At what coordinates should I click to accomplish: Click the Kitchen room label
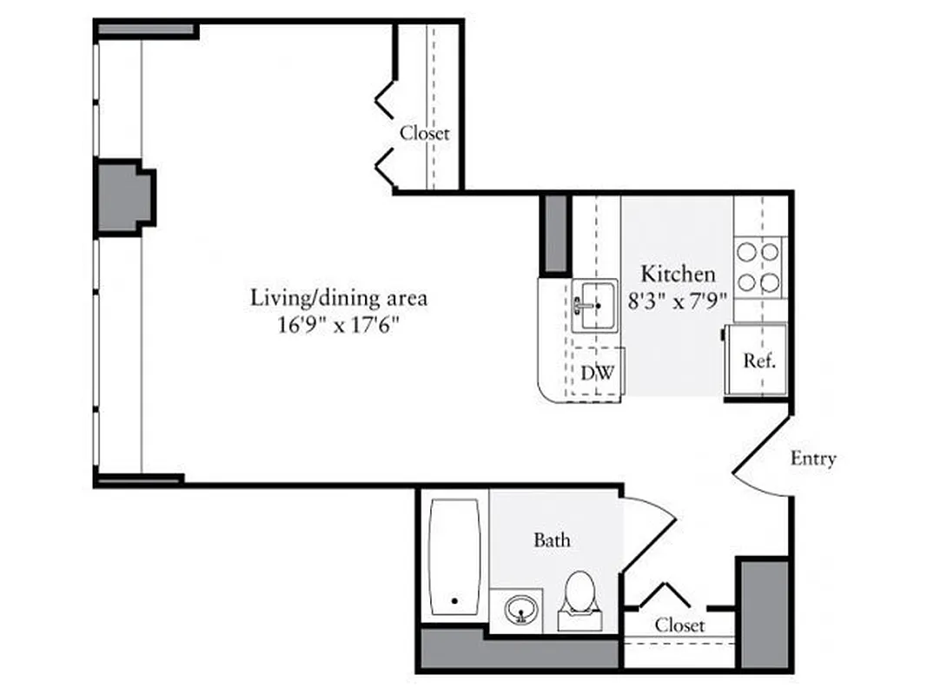(x=678, y=274)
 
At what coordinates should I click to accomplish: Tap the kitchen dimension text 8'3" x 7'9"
(x=679, y=303)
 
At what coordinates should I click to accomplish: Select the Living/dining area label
(x=339, y=298)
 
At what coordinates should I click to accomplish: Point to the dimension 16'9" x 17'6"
(x=339, y=327)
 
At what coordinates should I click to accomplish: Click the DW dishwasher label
(x=598, y=374)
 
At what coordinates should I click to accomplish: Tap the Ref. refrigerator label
(x=758, y=361)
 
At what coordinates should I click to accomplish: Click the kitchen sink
(x=594, y=306)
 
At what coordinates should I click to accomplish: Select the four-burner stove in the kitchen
(x=758, y=267)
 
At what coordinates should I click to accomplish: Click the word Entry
(x=812, y=459)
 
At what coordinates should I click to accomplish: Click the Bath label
(x=552, y=540)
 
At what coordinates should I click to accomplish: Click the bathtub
(x=454, y=556)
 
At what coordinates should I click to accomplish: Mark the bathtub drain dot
(x=454, y=599)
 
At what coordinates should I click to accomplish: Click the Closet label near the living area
(x=425, y=134)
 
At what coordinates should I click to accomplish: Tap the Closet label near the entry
(x=679, y=625)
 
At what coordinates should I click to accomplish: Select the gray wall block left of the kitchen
(x=554, y=235)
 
